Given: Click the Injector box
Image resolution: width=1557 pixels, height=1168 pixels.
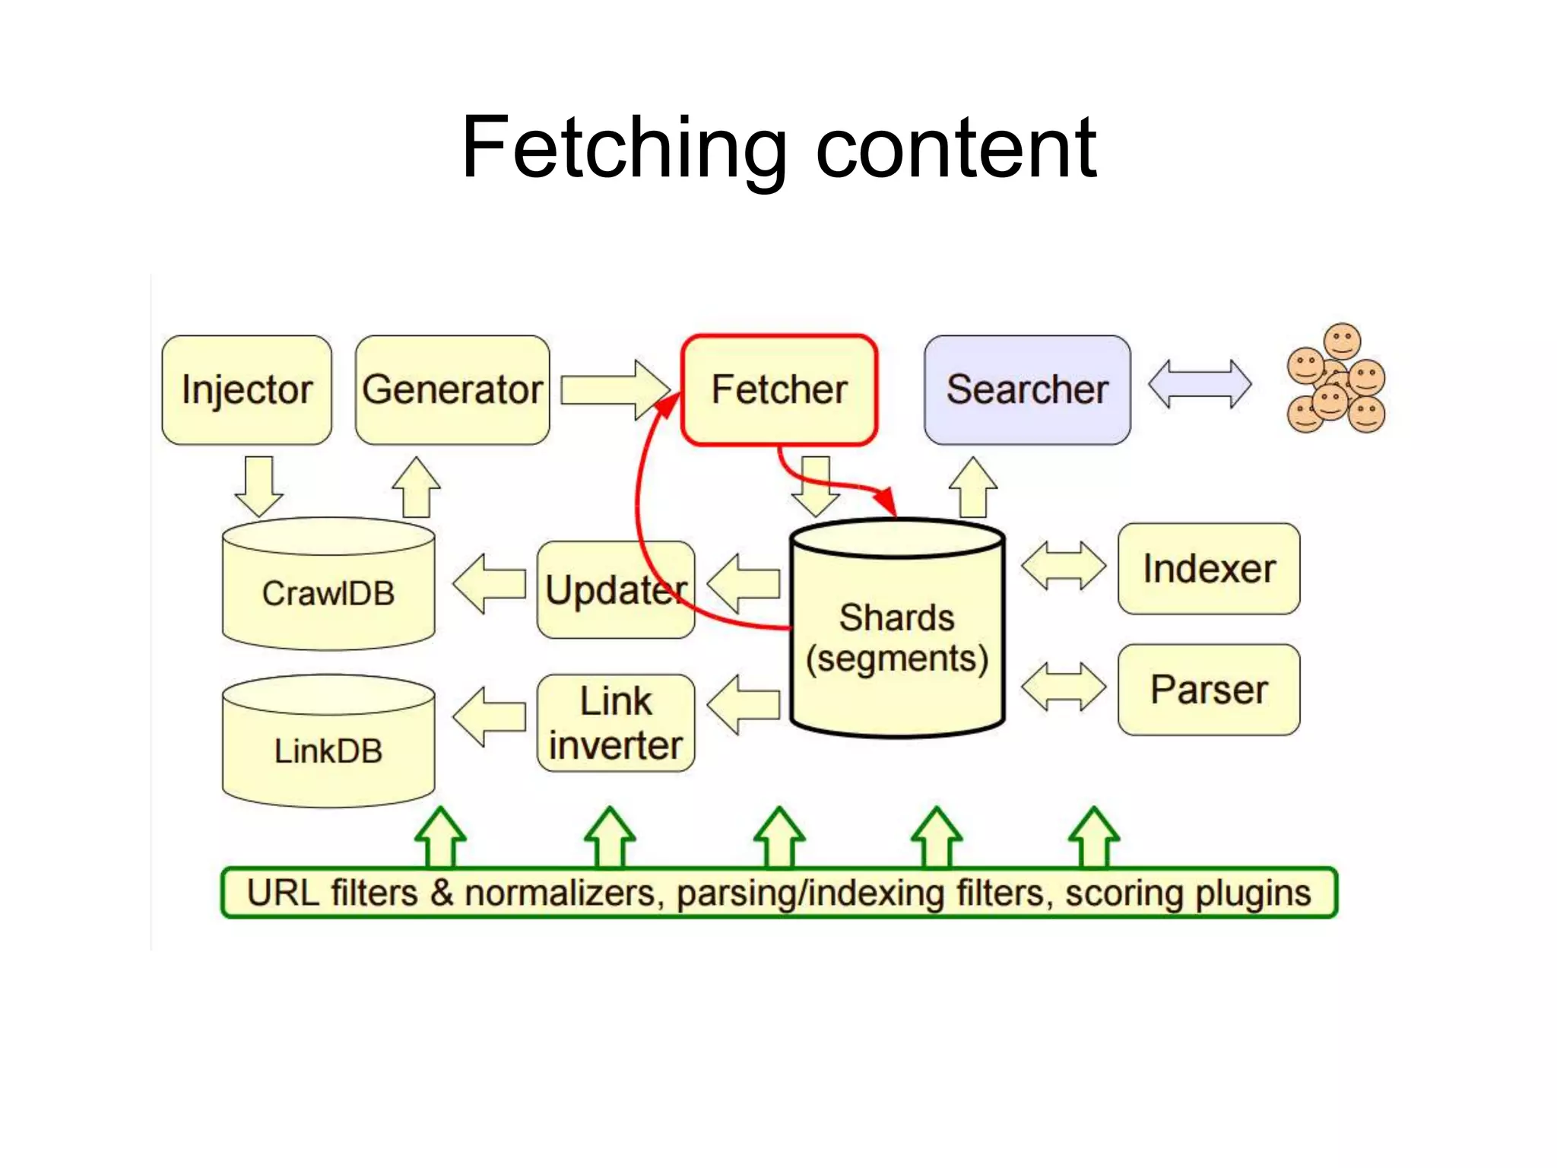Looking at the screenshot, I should (246, 390).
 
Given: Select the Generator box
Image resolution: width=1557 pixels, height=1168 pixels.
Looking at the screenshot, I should (452, 390).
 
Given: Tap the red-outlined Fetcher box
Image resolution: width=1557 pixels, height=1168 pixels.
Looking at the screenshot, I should (779, 390).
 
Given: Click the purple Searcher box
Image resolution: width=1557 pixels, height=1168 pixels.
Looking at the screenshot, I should (1026, 390).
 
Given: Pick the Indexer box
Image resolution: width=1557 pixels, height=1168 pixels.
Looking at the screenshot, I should (1208, 569).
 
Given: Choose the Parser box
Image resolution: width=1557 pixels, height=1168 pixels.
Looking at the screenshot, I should (1208, 690).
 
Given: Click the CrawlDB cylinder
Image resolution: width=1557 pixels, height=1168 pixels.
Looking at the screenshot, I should (328, 593).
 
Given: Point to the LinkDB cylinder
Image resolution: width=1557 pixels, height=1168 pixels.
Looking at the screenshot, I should (328, 751).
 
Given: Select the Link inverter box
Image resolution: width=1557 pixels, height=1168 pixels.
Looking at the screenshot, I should (615, 723).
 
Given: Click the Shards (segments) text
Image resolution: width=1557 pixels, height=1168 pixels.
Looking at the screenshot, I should (897, 637).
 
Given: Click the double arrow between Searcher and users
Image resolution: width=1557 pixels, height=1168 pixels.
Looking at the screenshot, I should (1199, 385).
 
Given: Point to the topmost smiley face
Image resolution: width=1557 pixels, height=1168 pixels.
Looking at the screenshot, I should (1342, 340).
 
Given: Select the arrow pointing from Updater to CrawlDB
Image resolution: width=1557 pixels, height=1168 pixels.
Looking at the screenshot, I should (489, 584).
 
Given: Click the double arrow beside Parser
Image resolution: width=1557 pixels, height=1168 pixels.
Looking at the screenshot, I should (1063, 687).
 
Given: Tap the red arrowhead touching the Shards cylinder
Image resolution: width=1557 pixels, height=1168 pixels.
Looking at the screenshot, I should (885, 501).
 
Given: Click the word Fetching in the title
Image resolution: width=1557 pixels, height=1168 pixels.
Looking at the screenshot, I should (623, 148).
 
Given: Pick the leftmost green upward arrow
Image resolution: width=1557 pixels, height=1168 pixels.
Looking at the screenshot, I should (440, 836).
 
